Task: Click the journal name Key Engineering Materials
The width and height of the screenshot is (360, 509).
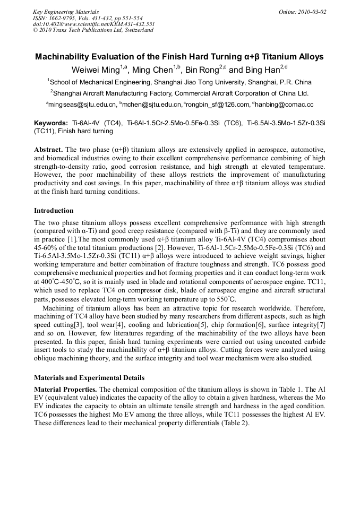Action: [66, 12]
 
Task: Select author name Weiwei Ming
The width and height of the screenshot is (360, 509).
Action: [96, 70]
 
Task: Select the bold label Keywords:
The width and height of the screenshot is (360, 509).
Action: [51, 123]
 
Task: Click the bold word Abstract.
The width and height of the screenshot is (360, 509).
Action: [48, 150]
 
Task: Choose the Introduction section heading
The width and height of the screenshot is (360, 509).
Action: [54, 211]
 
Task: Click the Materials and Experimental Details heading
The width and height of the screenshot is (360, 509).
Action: [89, 378]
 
